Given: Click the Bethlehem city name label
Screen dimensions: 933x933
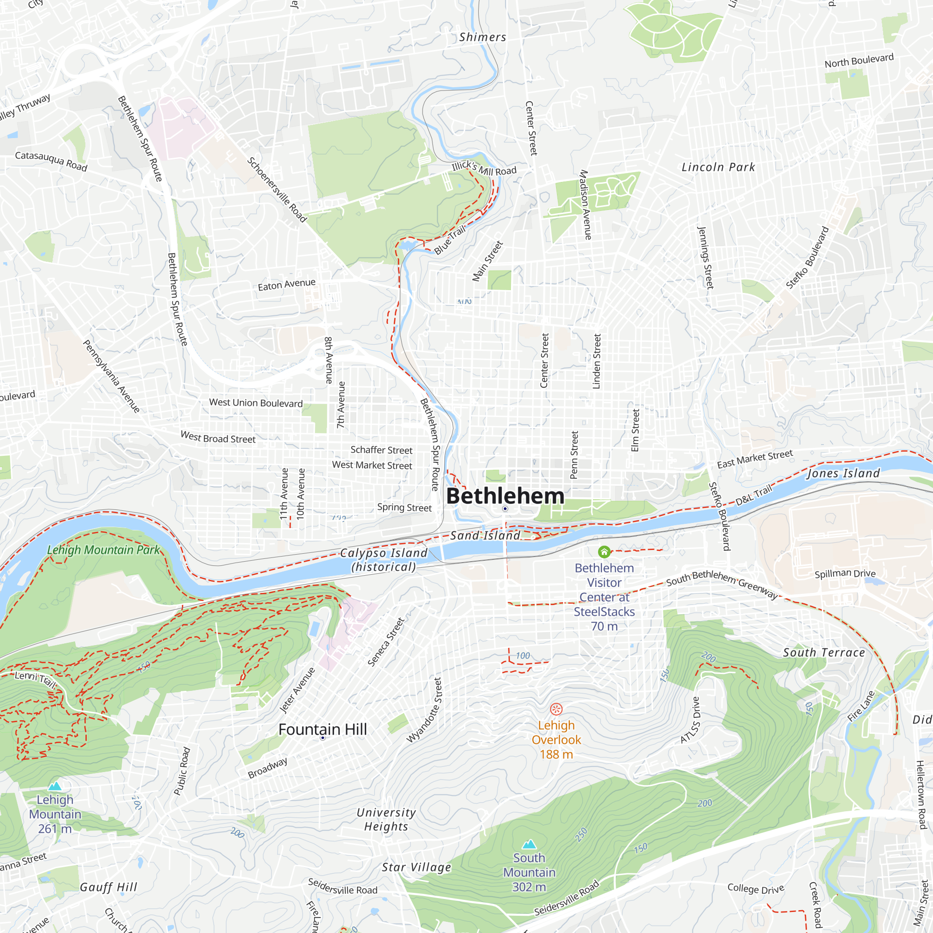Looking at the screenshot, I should tap(505, 496).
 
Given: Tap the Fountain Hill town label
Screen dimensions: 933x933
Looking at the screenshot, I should tap(323, 729).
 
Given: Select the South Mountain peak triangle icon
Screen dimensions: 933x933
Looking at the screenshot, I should tap(529, 844).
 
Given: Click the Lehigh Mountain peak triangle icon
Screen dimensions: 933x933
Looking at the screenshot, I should tap(55, 786).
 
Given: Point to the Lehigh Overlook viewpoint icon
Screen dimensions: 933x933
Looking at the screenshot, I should tap(557, 709).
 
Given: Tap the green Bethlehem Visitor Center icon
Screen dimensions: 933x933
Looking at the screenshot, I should tap(604, 551).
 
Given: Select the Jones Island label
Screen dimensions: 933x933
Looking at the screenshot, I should tap(843, 473).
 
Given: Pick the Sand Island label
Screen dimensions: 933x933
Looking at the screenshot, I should tap(485, 535).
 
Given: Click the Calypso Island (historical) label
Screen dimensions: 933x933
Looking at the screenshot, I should tap(384, 560).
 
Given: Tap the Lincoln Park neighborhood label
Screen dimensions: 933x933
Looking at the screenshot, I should tap(718, 167).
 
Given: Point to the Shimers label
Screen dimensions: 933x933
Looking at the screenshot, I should tap(482, 37).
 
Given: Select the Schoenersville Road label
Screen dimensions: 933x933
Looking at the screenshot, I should tap(277, 190).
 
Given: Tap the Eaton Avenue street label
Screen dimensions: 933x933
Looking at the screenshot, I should tap(286, 285).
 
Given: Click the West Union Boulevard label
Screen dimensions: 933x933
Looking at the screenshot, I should tap(256, 403).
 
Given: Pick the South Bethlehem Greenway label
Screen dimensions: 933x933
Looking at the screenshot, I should tap(723, 585).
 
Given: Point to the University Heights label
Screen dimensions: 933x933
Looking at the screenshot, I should tap(386, 820).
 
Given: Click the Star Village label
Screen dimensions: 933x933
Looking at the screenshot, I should tap(416, 867).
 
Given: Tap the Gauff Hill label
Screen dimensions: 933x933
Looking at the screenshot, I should tap(109, 887).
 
